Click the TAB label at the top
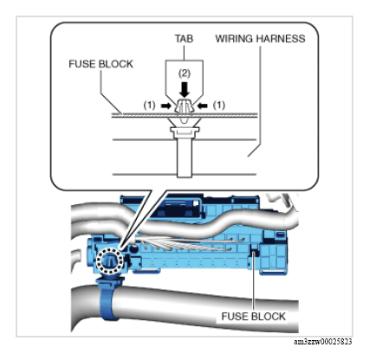pos(184,39)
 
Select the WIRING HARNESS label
pos(260,39)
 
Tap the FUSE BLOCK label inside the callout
pos(100,64)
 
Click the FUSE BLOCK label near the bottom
pos(253,317)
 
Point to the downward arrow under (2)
pos(184,90)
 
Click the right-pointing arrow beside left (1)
pos(165,106)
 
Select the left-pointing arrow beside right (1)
pos(203,106)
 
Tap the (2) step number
pos(184,74)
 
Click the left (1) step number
pos(149,106)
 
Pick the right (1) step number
pos(219,106)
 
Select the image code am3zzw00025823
pos(323,342)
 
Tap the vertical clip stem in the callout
pos(184,157)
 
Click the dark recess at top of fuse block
pos(176,209)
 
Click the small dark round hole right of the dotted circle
pos(133,248)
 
